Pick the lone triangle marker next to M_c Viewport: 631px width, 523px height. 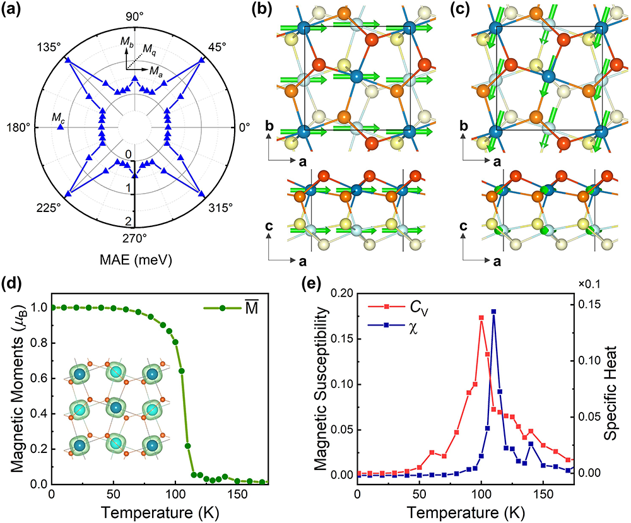[61, 127]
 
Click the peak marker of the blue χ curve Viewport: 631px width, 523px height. [493, 312]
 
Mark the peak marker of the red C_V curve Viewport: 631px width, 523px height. [481, 318]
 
